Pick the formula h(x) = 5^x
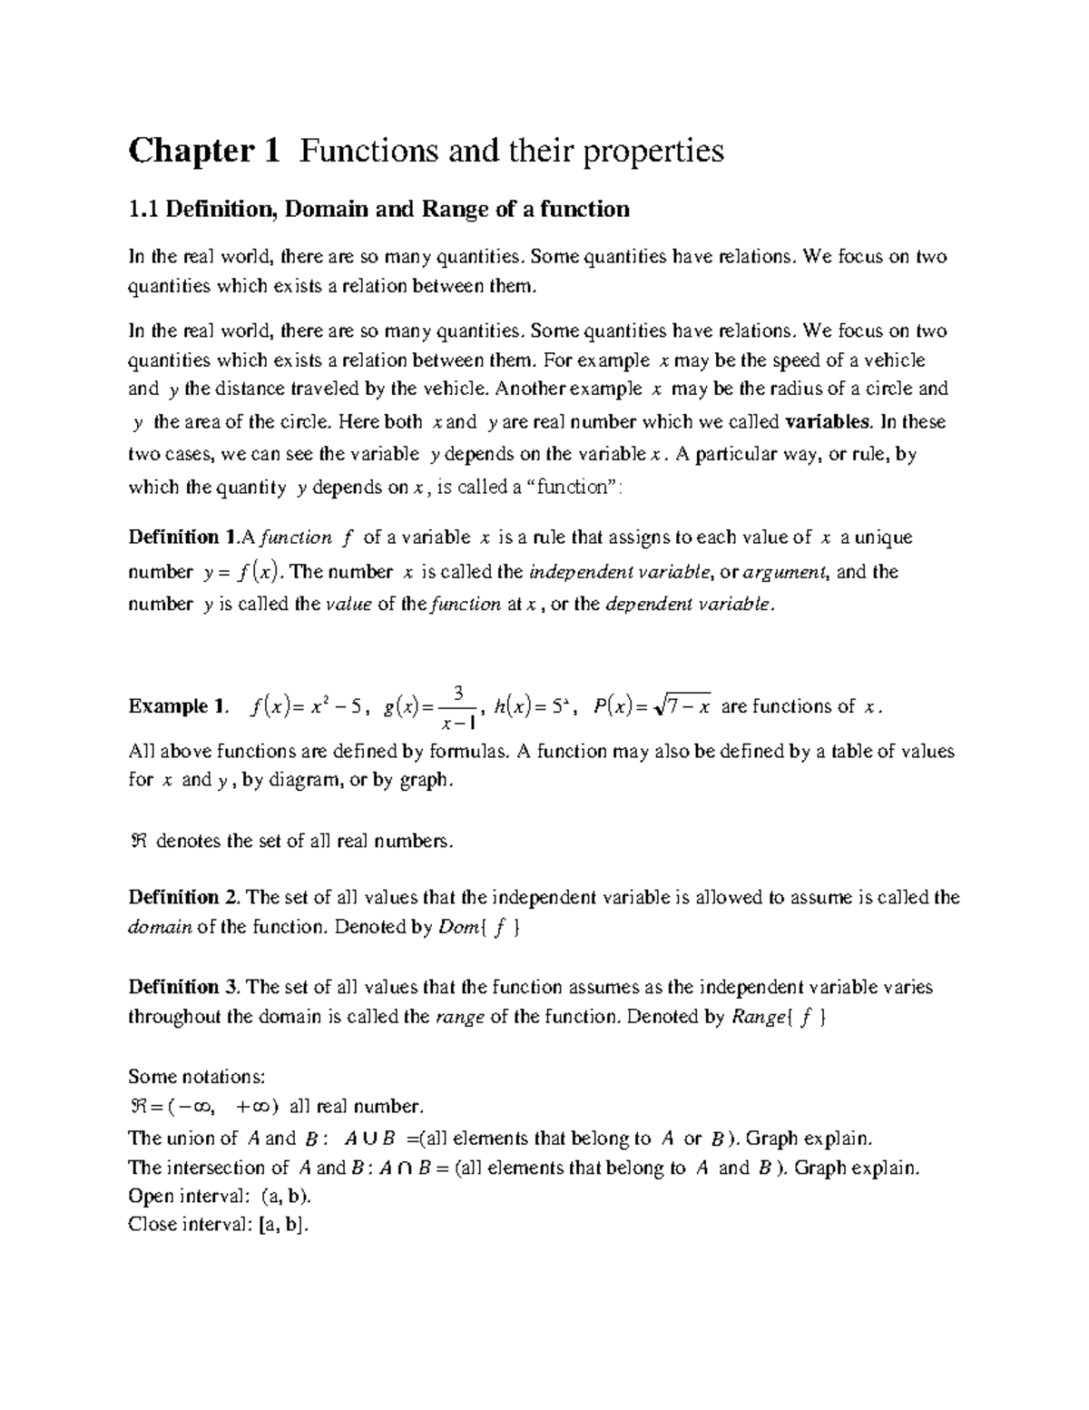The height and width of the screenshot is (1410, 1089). click(x=535, y=706)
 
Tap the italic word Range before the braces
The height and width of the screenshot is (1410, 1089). click(x=755, y=1017)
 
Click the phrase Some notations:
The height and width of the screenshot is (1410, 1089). click(x=197, y=1077)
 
